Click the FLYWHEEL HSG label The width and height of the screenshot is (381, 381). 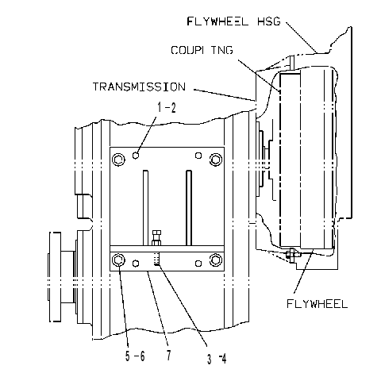point(233,21)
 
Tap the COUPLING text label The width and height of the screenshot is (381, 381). point(202,50)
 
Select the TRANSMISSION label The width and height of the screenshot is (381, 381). point(139,87)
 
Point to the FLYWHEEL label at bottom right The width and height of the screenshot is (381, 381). point(317,304)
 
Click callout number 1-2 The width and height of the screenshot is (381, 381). point(167,108)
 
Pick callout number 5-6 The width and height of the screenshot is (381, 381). point(135,356)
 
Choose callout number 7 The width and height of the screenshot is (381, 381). point(169,355)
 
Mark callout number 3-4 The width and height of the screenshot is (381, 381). point(217,359)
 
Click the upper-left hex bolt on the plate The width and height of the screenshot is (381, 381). point(118,160)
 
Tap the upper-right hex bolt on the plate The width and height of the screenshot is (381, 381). point(216,160)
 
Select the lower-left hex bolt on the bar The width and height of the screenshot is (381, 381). point(118,260)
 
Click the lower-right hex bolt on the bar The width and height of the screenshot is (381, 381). point(216,260)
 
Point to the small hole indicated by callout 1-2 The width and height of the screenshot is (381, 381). point(136,156)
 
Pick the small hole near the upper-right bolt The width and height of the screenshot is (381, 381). point(198,156)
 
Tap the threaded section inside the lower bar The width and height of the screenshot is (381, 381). point(156,259)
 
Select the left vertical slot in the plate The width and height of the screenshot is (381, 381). point(145,208)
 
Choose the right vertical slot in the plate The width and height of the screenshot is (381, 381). point(189,208)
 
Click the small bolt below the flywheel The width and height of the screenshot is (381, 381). point(292,255)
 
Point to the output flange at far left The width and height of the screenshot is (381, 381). point(55,277)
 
